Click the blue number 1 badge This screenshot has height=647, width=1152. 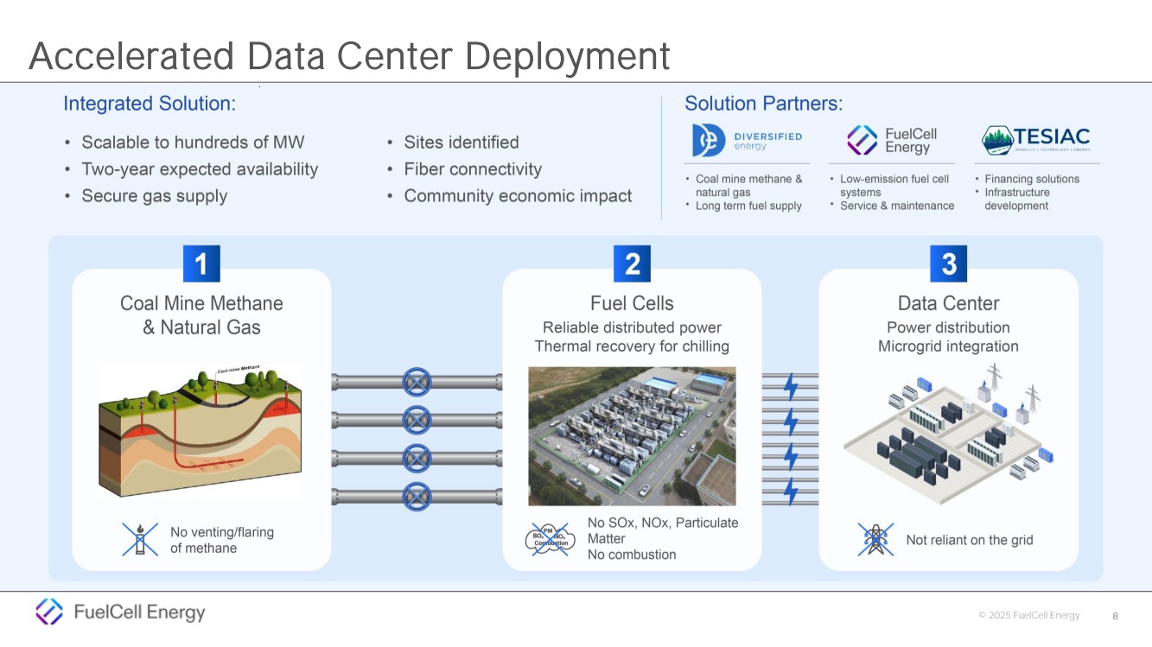click(x=201, y=263)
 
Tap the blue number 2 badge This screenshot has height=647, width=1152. click(x=632, y=263)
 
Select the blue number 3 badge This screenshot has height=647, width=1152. click(x=948, y=263)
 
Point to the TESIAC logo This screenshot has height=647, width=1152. click(x=1036, y=139)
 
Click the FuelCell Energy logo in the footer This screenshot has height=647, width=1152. click(x=120, y=612)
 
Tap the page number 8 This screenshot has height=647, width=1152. click(x=1115, y=616)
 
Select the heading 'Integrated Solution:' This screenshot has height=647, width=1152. click(x=150, y=104)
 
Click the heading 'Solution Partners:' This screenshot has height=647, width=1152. click(x=763, y=104)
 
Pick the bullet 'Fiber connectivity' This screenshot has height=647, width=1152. click(x=473, y=169)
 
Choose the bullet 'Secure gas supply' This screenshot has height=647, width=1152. click(x=154, y=196)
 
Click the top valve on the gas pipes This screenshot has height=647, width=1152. click(x=417, y=381)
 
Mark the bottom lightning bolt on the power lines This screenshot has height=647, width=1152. click(x=791, y=491)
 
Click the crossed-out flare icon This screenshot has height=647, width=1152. click(x=140, y=539)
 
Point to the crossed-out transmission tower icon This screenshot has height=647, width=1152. click(x=875, y=539)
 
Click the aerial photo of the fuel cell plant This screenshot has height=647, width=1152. click(x=632, y=435)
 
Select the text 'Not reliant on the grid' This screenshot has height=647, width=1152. click(x=969, y=540)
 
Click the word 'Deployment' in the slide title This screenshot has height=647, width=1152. click(x=567, y=56)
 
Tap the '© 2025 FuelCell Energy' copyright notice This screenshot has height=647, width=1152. click(x=1028, y=616)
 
